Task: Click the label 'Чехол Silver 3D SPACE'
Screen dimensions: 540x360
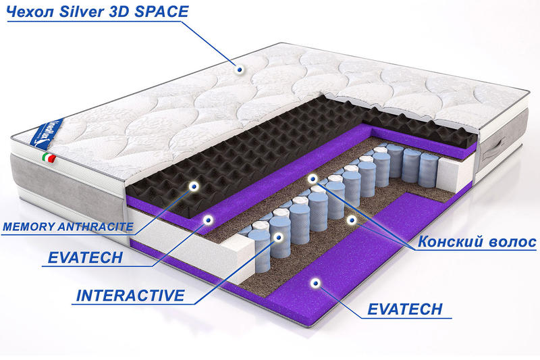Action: (98, 12)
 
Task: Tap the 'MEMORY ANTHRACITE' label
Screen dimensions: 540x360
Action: (68, 227)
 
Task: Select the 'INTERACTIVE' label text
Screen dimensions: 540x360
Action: (130, 296)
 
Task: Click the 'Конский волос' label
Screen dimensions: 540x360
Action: (477, 242)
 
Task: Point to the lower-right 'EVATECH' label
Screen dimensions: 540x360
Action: (405, 309)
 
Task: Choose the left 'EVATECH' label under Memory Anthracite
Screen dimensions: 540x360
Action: (85, 258)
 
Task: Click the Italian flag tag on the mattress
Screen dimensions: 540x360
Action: (49, 158)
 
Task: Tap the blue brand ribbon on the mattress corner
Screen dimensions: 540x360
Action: (45, 132)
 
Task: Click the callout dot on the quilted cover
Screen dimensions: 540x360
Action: (240, 70)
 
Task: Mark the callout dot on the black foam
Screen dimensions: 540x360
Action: (194, 186)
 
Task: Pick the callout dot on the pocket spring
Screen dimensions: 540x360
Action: (278, 236)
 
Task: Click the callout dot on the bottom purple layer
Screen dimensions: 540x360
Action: (315, 283)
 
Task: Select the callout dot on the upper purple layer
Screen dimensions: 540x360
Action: (208, 220)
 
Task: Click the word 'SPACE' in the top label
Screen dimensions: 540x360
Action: (161, 12)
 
